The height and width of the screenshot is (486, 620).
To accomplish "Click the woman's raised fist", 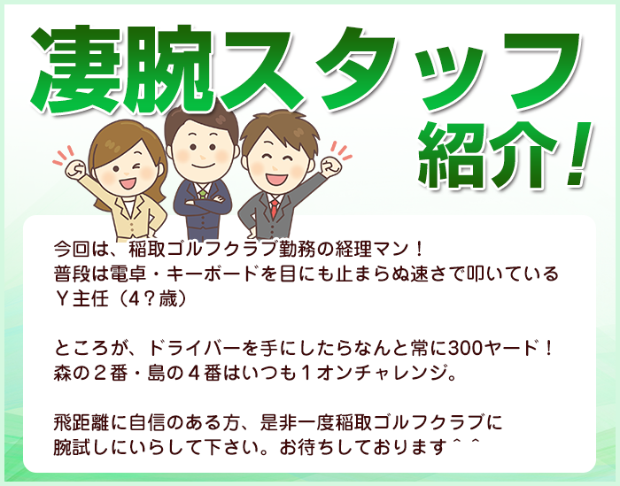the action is coord(74,169).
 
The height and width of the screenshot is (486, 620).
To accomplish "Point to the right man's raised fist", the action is coord(330,166).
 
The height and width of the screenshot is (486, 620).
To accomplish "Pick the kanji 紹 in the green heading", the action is coord(452,155).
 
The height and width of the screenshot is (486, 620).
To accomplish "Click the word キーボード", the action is coord(212,274).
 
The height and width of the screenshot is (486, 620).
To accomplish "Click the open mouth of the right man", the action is coord(276,179).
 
